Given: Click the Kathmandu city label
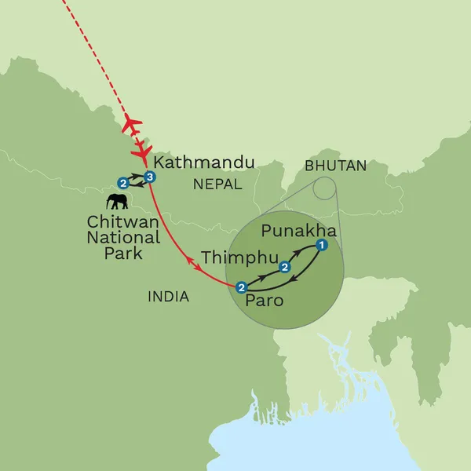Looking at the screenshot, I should (x=205, y=163).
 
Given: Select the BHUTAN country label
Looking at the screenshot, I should (x=336, y=166).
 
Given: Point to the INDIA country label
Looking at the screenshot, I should (x=169, y=296).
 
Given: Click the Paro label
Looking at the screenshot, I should (x=264, y=301).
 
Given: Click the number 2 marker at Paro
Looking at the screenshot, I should (x=241, y=287).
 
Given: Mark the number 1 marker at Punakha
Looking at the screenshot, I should (x=320, y=246).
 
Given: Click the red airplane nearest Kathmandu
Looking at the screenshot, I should (x=144, y=150).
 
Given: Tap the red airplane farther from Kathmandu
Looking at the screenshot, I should (x=132, y=124).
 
